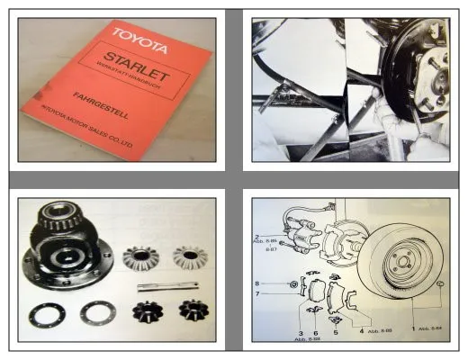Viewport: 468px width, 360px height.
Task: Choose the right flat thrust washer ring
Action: tap(97, 313)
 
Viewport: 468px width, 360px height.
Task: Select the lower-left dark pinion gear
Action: tap(146, 312)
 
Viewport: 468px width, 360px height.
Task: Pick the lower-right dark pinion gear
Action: tap(193, 311)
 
